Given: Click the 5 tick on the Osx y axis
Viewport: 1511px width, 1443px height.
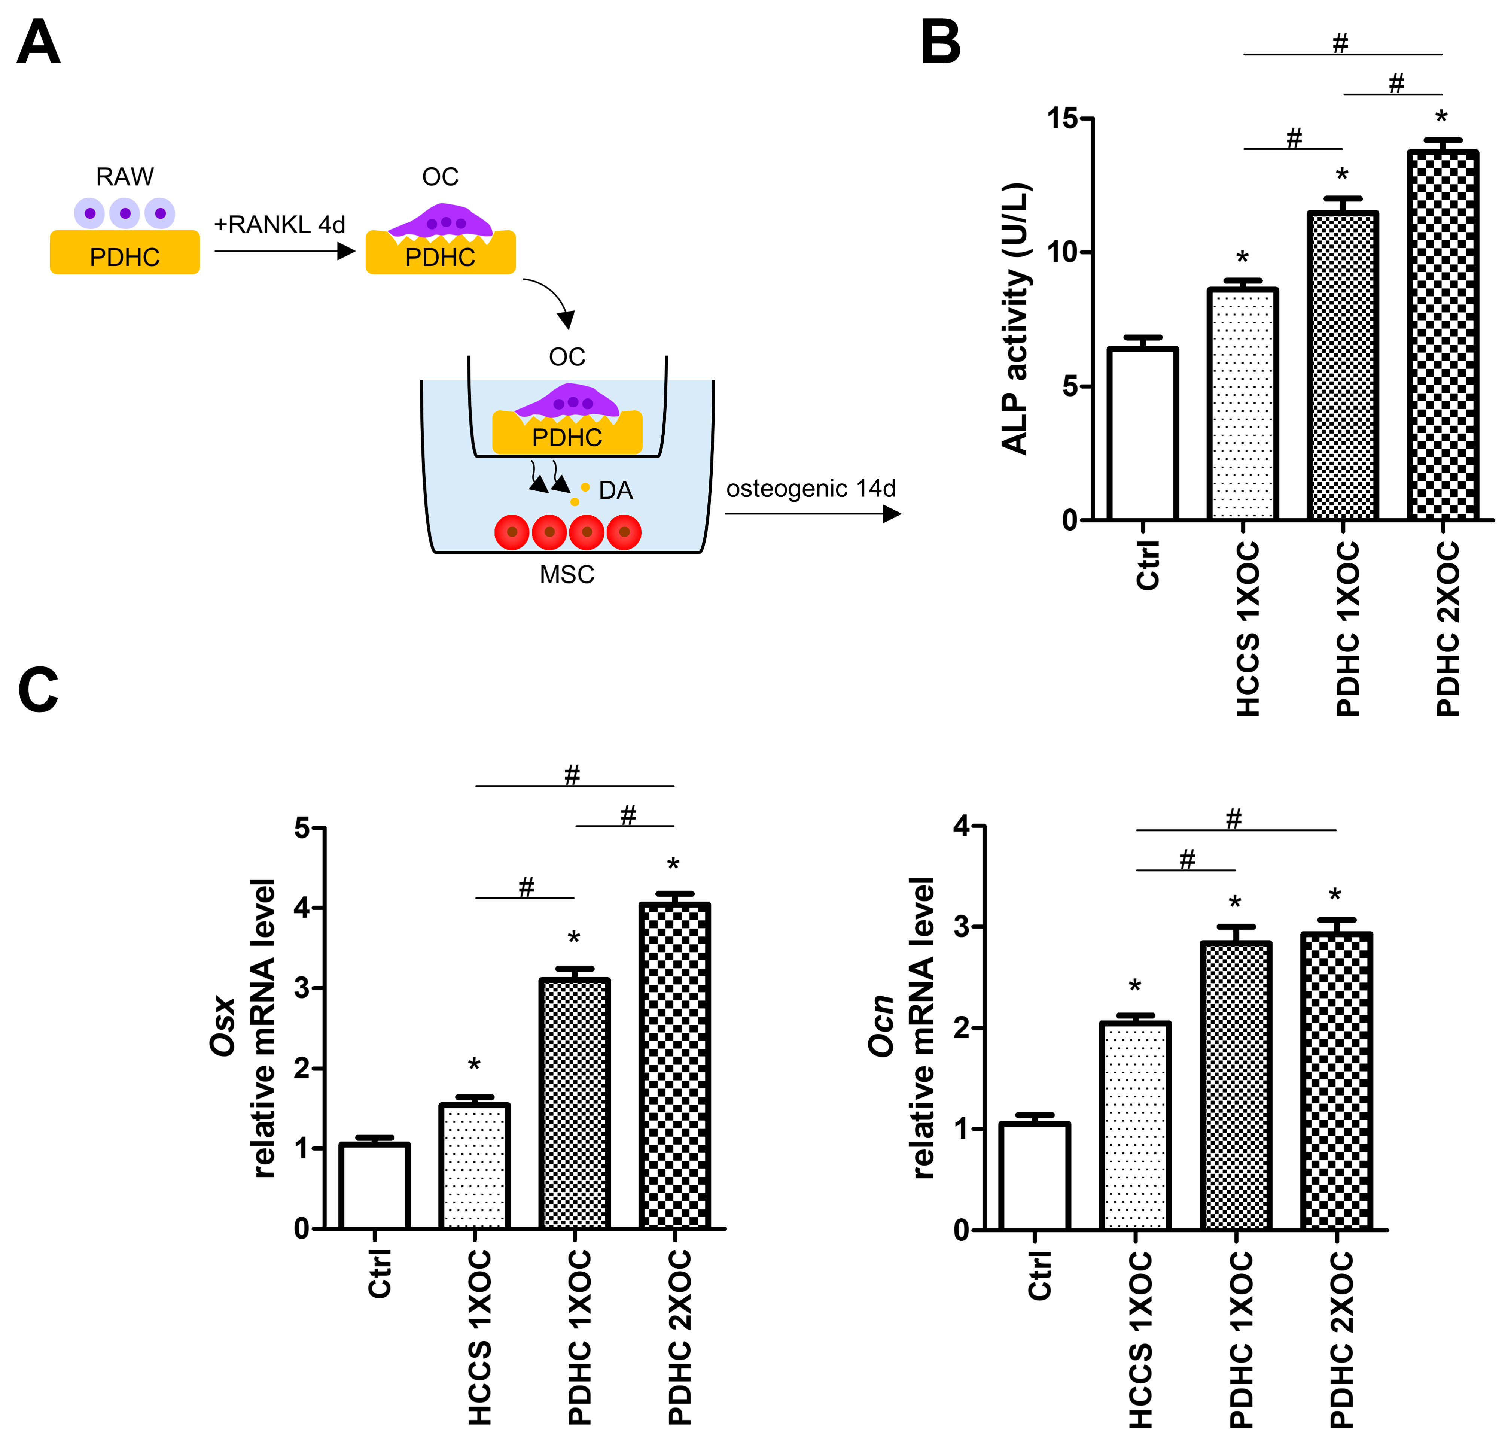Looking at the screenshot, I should (x=302, y=829).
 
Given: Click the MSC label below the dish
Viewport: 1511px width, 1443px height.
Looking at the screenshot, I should (x=567, y=575).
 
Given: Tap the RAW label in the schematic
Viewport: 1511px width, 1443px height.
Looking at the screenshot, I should (x=125, y=177).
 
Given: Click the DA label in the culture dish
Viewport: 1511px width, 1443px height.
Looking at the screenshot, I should (x=615, y=491).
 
